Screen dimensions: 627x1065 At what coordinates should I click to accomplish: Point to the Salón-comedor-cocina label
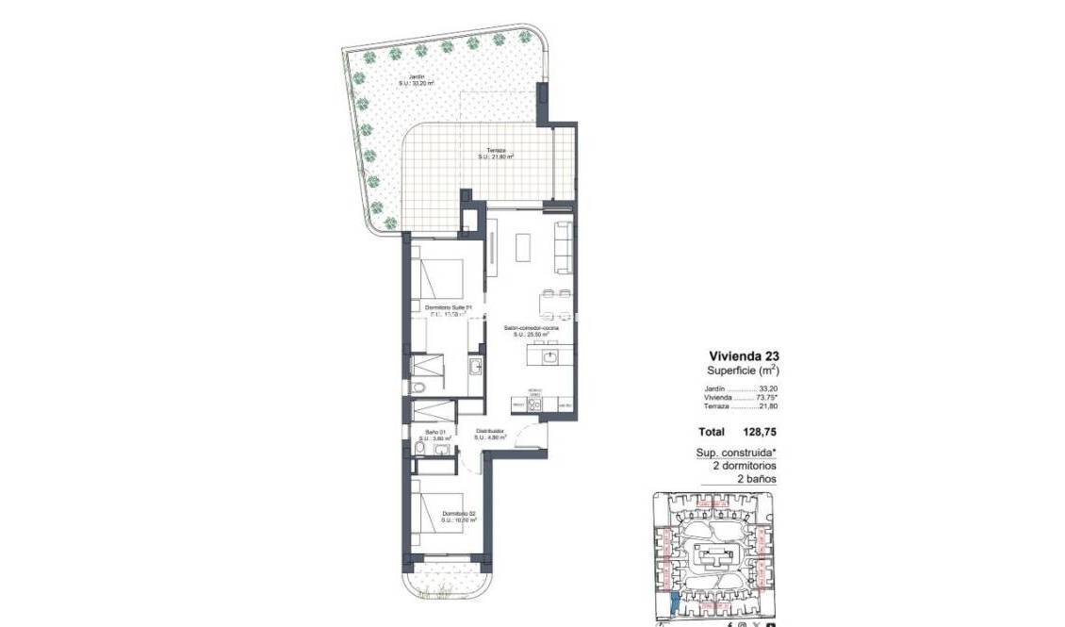(537, 329)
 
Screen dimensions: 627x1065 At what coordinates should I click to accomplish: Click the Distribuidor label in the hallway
(491, 433)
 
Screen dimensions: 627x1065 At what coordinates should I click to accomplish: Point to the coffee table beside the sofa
(525, 246)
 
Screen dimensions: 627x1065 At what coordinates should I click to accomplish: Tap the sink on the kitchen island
(551, 356)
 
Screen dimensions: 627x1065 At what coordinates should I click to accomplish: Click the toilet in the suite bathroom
(420, 388)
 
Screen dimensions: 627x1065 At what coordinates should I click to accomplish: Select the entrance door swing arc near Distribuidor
(534, 437)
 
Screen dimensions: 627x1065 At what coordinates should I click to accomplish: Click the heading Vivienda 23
(744, 356)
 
